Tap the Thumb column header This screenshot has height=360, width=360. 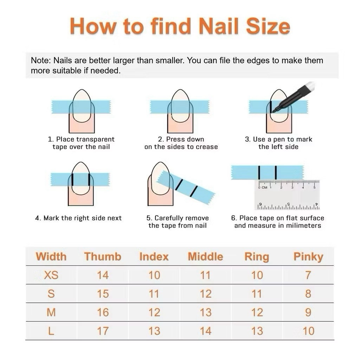click(103, 257)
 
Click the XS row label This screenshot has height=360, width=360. click(51, 275)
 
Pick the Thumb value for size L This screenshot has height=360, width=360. click(103, 331)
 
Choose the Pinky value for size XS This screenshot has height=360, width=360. click(308, 275)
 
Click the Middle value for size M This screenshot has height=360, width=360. click(205, 312)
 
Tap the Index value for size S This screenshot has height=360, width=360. click(154, 294)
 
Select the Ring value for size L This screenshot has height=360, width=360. click(257, 331)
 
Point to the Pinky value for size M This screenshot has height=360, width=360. click(308, 312)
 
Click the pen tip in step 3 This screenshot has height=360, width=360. click(274, 111)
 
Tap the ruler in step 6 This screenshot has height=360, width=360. click(287, 195)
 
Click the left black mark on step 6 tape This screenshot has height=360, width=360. click(259, 172)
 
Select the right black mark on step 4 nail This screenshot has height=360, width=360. click(89, 180)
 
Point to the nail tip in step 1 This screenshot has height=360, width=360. click(82, 90)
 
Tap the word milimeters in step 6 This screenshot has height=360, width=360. click(303, 225)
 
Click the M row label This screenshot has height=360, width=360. click(51, 312)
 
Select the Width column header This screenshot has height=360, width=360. click(51, 257)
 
